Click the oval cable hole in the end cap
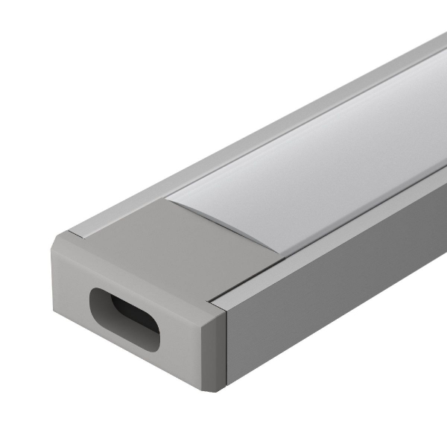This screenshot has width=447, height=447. (124, 317)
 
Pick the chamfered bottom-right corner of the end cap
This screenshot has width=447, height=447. (216, 379)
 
